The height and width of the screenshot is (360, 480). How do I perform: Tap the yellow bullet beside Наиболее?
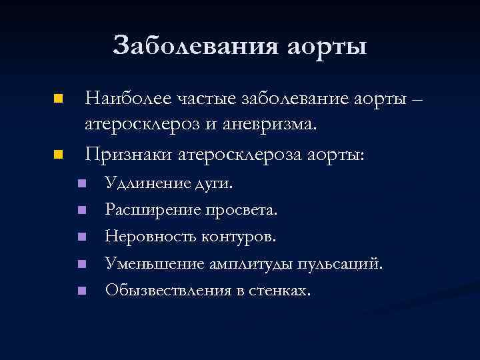(58, 99)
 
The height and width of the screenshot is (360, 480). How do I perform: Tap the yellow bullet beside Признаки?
(58, 155)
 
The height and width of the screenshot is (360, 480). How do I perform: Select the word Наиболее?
(127, 99)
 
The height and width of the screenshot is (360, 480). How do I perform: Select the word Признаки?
(128, 155)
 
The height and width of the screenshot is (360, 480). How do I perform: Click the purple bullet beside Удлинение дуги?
(81, 183)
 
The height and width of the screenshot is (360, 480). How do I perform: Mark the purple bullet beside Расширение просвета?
(81, 210)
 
